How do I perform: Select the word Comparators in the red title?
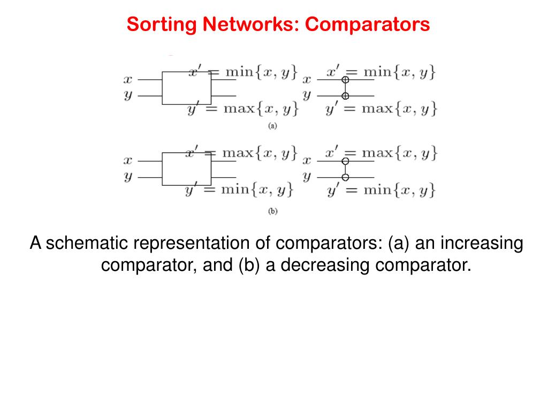click(x=369, y=24)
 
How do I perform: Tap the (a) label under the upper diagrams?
click(x=272, y=126)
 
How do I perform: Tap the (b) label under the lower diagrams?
click(x=272, y=211)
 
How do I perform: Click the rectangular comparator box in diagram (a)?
click(x=186, y=88)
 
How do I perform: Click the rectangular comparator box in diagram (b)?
click(x=186, y=169)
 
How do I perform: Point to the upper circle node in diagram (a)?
click(x=345, y=80)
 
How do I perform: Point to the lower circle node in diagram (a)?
click(x=345, y=96)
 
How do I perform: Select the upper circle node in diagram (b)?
click(x=346, y=161)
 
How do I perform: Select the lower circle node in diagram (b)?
click(x=346, y=177)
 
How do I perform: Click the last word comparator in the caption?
click(x=423, y=265)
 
